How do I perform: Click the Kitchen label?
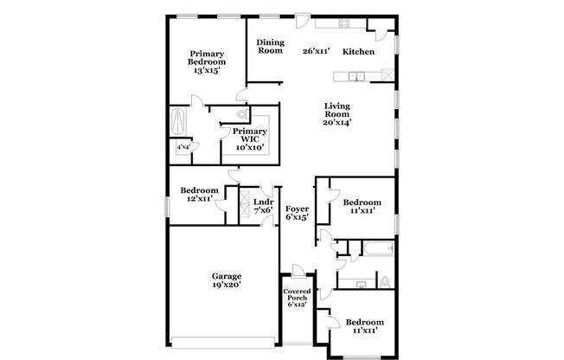pos(358,52)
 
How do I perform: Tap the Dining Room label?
pos(270,47)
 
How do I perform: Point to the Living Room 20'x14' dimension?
pos(336,122)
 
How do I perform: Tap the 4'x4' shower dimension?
pos(183,148)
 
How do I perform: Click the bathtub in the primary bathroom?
pos(180,121)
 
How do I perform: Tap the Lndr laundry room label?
pos(262,203)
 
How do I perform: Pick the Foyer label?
pos(297,208)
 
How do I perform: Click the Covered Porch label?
pos(297,297)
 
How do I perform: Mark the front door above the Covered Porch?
pos(297,270)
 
